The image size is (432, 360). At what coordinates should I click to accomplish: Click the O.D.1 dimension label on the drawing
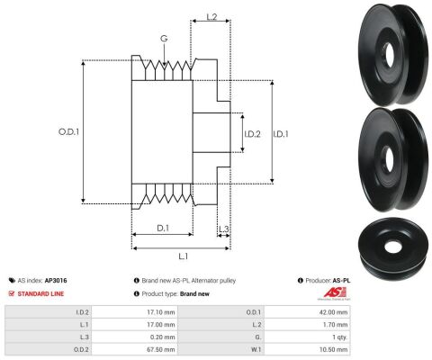68,131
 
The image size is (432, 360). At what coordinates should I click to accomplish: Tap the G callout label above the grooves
164,39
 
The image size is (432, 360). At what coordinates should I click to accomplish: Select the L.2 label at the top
211,17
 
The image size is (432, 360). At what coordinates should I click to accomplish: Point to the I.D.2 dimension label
252,134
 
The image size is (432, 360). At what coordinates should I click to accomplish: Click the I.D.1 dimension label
281,134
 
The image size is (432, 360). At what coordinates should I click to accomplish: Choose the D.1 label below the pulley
163,228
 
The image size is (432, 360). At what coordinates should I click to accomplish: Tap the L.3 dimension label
223,229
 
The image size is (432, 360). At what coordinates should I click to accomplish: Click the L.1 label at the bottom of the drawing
184,256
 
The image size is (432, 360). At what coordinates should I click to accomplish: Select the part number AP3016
56,281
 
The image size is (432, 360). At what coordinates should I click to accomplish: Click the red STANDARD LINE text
40,293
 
